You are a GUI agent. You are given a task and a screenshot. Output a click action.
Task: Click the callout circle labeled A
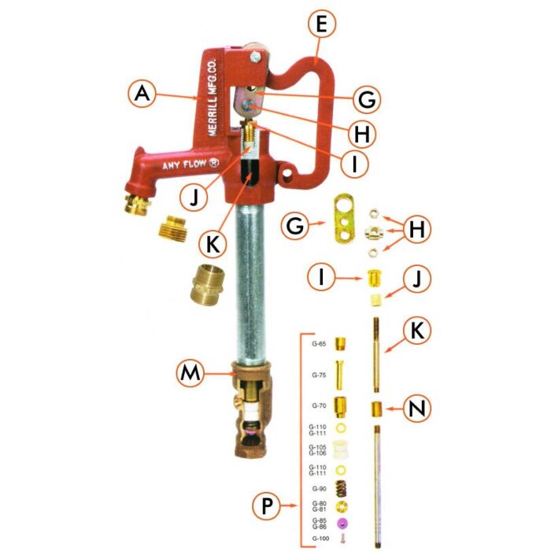[140, 94]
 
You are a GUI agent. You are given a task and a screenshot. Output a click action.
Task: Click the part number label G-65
[319, 344]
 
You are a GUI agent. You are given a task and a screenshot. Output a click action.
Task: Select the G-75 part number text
[319, 375]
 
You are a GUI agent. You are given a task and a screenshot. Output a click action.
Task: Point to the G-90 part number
[319, 488]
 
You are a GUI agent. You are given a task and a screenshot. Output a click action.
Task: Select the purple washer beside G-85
[342, 523]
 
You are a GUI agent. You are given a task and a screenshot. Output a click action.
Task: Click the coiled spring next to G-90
[342, 488]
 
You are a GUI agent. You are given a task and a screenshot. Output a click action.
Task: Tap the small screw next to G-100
[342, 538]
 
